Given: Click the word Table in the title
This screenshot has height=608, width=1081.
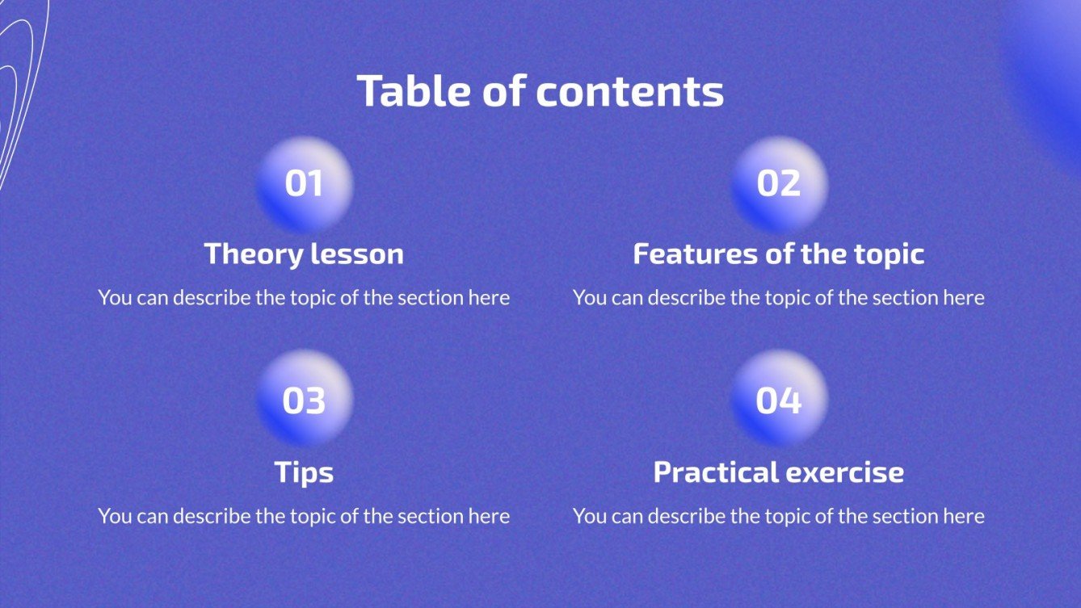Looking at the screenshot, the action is [414, 90].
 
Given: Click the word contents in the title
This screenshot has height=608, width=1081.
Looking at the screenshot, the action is [630, 91].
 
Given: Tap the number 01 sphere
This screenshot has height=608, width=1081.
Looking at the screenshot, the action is [305, 185].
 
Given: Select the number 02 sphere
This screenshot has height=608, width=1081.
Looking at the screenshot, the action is [779, 185].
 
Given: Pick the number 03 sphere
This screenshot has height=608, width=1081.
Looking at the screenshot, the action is [305, 398].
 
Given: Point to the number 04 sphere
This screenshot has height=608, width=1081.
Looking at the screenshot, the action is [779, 398].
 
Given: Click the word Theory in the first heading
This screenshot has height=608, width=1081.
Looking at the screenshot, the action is [254, 255].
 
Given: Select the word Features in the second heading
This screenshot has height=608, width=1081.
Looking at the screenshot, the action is [696, 254].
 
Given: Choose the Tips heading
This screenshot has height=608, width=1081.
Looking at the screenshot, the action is [304, 472].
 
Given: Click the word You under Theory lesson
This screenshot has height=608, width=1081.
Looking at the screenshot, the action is [116, 297].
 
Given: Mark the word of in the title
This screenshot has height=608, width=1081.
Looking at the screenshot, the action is [504, 90].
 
